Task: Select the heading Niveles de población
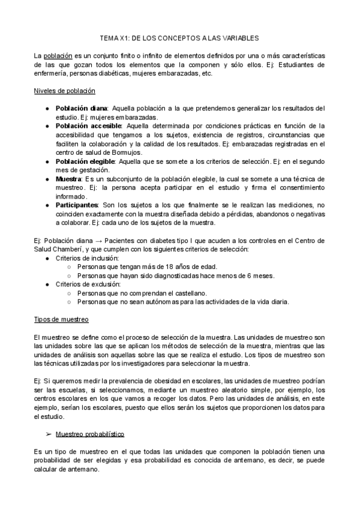pos(63,91)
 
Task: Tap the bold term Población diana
pos(82,108)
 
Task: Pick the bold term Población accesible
pos(89,126)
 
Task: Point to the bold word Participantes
pos(78,205)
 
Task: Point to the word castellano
pos(189,293)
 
